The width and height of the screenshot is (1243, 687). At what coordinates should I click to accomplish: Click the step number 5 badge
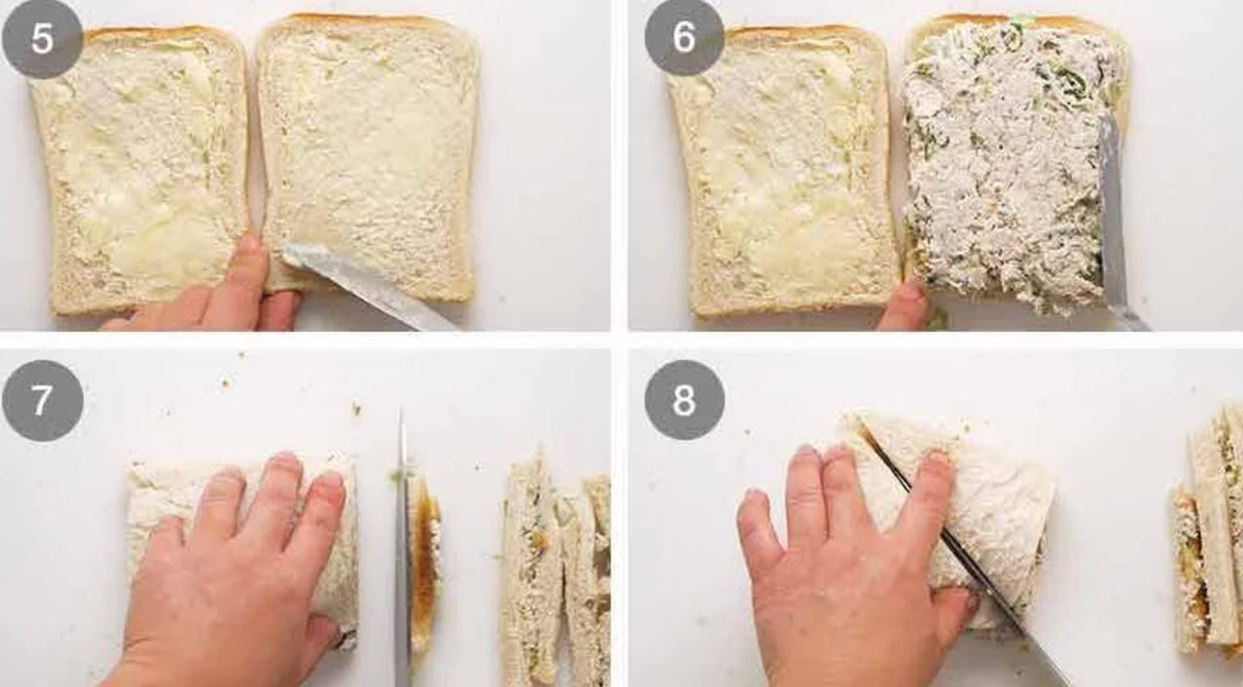[42, 38]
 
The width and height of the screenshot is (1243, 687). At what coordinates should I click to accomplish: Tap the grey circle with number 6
[684, 37]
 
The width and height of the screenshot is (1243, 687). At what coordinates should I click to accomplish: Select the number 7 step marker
[43, 401]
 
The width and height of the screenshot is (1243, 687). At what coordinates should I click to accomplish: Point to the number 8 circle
[684, 399]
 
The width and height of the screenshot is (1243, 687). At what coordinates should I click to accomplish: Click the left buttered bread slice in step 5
[141, 169]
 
